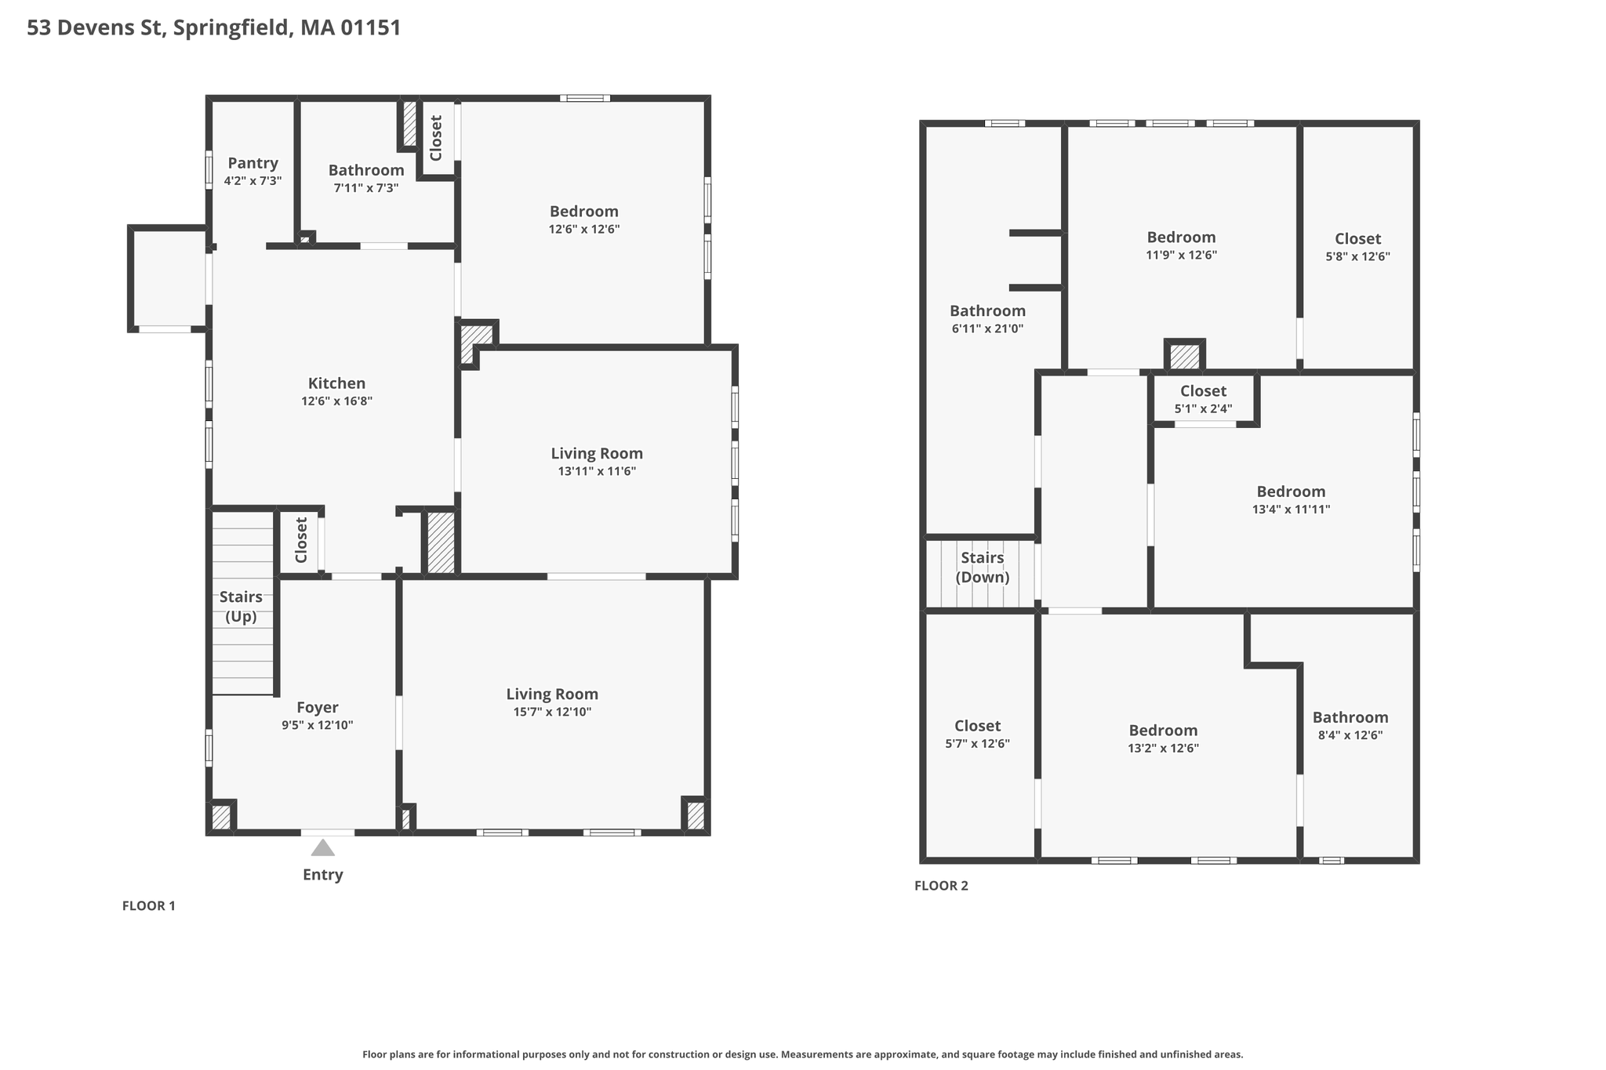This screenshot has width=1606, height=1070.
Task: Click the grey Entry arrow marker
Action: point(322,847)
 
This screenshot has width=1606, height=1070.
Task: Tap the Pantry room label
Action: point(253,163)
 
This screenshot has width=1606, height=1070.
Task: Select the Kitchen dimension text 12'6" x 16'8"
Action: point(336,401)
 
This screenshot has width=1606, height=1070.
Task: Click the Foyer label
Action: point(318,708)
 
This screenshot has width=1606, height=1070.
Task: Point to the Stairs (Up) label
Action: point(241,607)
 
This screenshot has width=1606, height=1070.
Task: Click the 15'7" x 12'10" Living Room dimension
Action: point(552,712)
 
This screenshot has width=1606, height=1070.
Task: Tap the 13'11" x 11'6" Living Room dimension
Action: point(597,471)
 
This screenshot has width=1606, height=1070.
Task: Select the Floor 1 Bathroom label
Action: point(366,170)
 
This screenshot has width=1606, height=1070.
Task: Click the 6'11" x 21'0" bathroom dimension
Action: point(987,328)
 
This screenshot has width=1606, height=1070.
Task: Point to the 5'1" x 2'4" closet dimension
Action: point(1203,408)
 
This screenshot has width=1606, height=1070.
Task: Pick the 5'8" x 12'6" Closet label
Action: point(1357,238)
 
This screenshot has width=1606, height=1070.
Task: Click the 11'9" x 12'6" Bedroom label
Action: point(1181,238)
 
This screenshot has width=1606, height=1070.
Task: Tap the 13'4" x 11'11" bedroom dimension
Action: point(1291,509)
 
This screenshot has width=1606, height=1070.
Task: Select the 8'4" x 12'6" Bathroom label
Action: point(1350,717)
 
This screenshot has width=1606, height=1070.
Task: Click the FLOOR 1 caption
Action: point(149,906)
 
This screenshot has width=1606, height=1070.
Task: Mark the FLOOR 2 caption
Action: point(941,886)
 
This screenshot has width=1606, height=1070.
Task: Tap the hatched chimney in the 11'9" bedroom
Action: point(1184,357)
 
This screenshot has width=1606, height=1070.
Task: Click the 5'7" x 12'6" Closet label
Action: point(977,726)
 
